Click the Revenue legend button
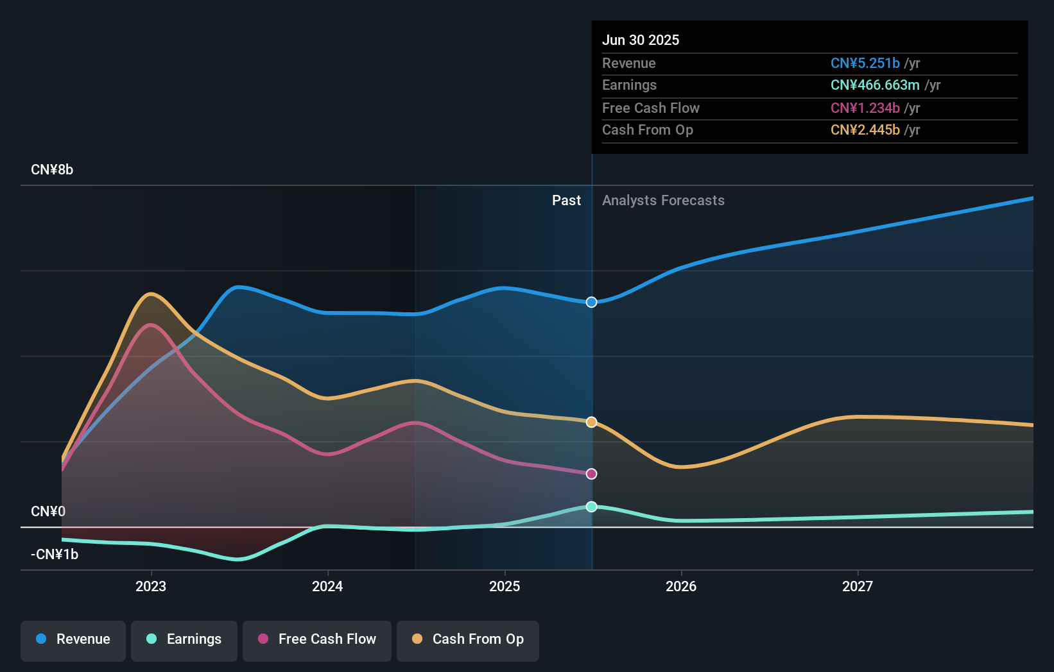pyautogui.click(x=73, y=639)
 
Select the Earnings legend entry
pyautogui.click(x=184, y=639)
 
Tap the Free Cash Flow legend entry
pyautogui.click(x=317, y=639)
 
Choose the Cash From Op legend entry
pyautogui.click(x=468, y=639)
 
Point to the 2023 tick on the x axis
pyautogui.click(x=151, y=586)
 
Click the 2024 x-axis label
pyautogui.click(x=327, y=586)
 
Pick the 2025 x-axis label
pyautogui.click(x=505, y=586)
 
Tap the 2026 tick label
pyautogui.click(x=681, y=586)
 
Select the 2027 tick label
pyautogui.click(x=858, y=586)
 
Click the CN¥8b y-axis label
pyautogui.click(x=52, y=170)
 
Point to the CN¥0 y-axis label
pyautogui.click(x=48, y=512)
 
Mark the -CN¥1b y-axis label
pyautogui.click(x=55, y=555)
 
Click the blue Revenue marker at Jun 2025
pyautogui.click(x=592, y=302)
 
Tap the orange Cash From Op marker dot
pyautogui.click(x=592, y=422)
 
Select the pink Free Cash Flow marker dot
pyautogui.click(x=592, y=474)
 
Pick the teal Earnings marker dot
pyautogui.click(x=592, y=507)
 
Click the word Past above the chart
pyautogui.click(x=566, y=201)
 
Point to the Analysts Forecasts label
pyautogui.click(x=663, y=201)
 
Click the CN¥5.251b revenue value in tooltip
pyautogui.click(x=865, y=63)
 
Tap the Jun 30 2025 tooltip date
pyautogui.click(x=641, y=40)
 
